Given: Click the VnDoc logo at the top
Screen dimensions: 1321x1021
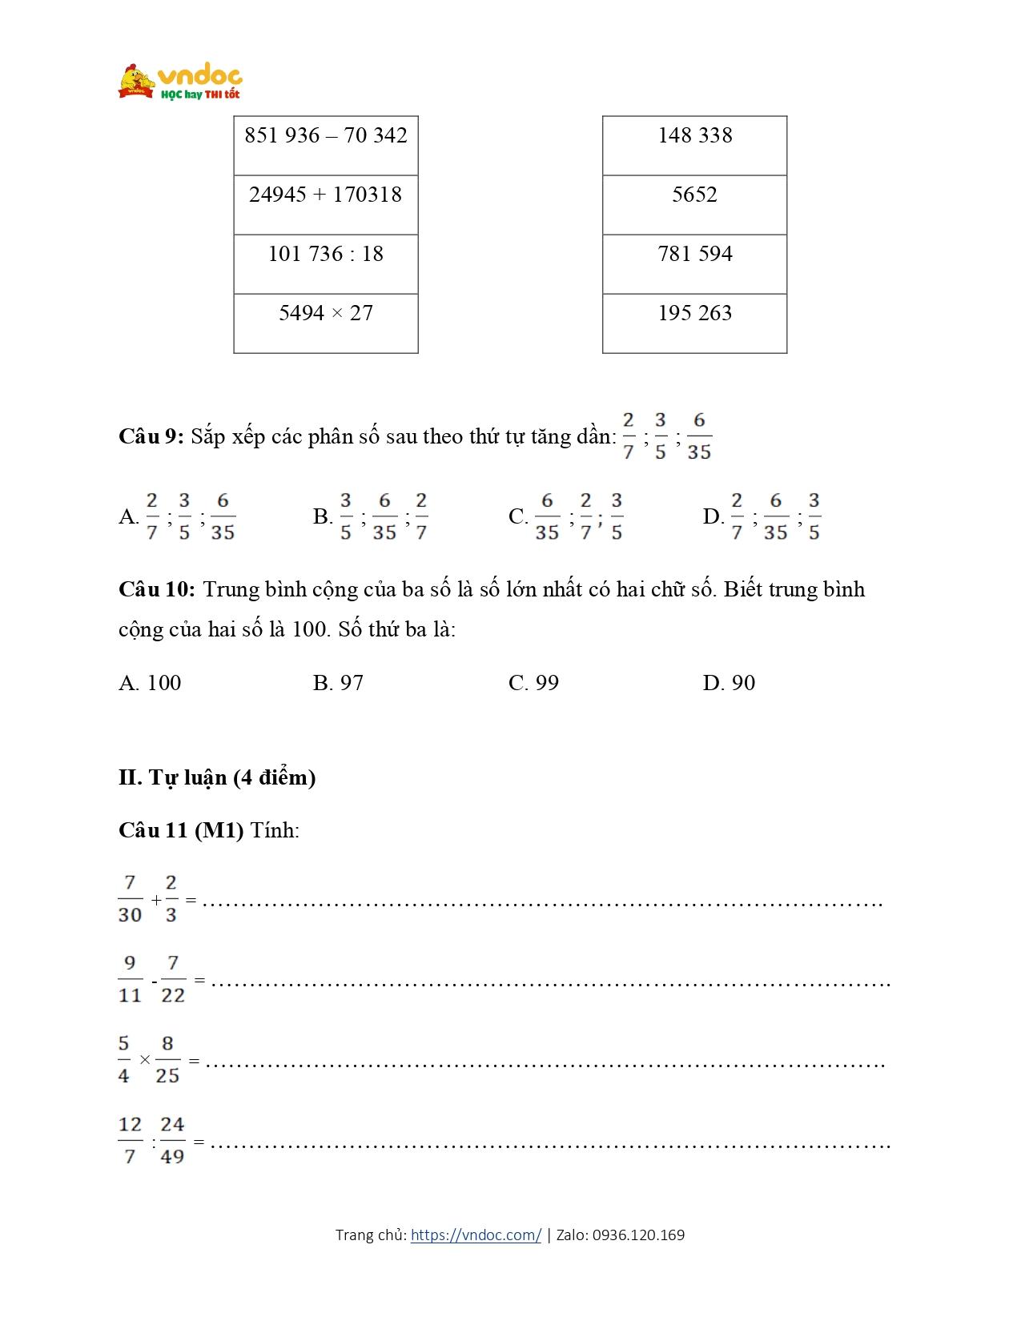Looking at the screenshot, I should pyautogui.click(x=179, y=82).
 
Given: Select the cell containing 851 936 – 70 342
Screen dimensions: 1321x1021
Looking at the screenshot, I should pyautogui.click(x=326, y=145).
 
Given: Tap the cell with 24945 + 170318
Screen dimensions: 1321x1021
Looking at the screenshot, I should pyautogui.click(x=326, y=204).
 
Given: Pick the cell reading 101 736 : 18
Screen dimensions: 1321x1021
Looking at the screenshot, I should pyautogui.click(x=326, y=263).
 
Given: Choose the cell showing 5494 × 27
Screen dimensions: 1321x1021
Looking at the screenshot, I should pyautogui.click(x=326, y=323).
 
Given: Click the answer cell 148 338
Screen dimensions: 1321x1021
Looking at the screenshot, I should pyautogui.click(x=694, y=145).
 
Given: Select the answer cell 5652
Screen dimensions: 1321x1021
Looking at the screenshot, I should pyautogui.click(x=694, y=204).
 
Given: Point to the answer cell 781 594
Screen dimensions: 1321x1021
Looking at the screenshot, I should pyautogui.click(x=694, y=263).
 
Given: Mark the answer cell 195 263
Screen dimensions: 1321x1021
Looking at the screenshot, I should pyautogui.click(x=694, y=323).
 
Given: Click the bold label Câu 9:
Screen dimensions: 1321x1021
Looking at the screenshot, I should pyautogui.click(x=151, y=436).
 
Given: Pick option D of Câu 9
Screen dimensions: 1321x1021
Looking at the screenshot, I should pyautogui.click(x=762, y=516).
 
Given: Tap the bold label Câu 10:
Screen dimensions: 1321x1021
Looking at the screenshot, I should pyautogui.click(x=157, y=590).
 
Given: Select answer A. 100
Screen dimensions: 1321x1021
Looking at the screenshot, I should pyautogui.click(x=150, y=683).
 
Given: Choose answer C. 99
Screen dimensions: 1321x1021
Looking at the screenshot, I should pyautogui.click(x=533, y=683).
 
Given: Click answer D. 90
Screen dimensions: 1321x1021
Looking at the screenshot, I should pyautogui.click(x=729, y=683).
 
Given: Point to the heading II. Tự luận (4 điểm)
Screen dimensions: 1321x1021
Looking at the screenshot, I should pyautogui.click(x=217, y=777).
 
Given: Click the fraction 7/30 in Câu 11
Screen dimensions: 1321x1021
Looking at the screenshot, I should pyautogui.click(x=130, y=899).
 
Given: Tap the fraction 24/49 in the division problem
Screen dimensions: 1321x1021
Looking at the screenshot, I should pyautogui.click(x=172, y=1141).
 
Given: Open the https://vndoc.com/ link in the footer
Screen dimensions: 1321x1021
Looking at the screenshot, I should pyautogui.click(x=476, y=1235).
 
